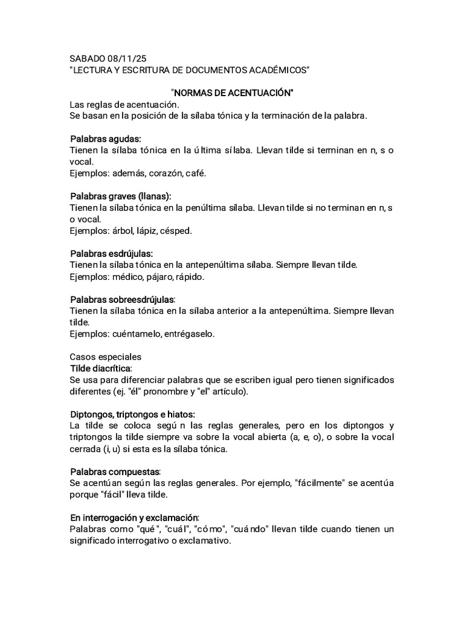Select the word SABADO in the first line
pyautogui.click(x=88, y=59)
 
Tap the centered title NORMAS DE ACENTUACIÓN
pyautogui.click(x=232, y=93)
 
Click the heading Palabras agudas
pyautogui.click(x=105, y=139)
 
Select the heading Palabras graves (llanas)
pyautogui.click(x=120, y=196)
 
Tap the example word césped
pyautogui.click(x=177, y=230)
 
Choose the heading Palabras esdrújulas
pyautogui.click(x=111, y=253)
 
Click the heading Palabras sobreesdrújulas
pyautogui.click(x=122, y=300)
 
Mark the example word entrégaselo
pyautogui.click(x=188, y=334)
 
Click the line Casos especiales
pyautogui.click(x=105, y=357)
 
